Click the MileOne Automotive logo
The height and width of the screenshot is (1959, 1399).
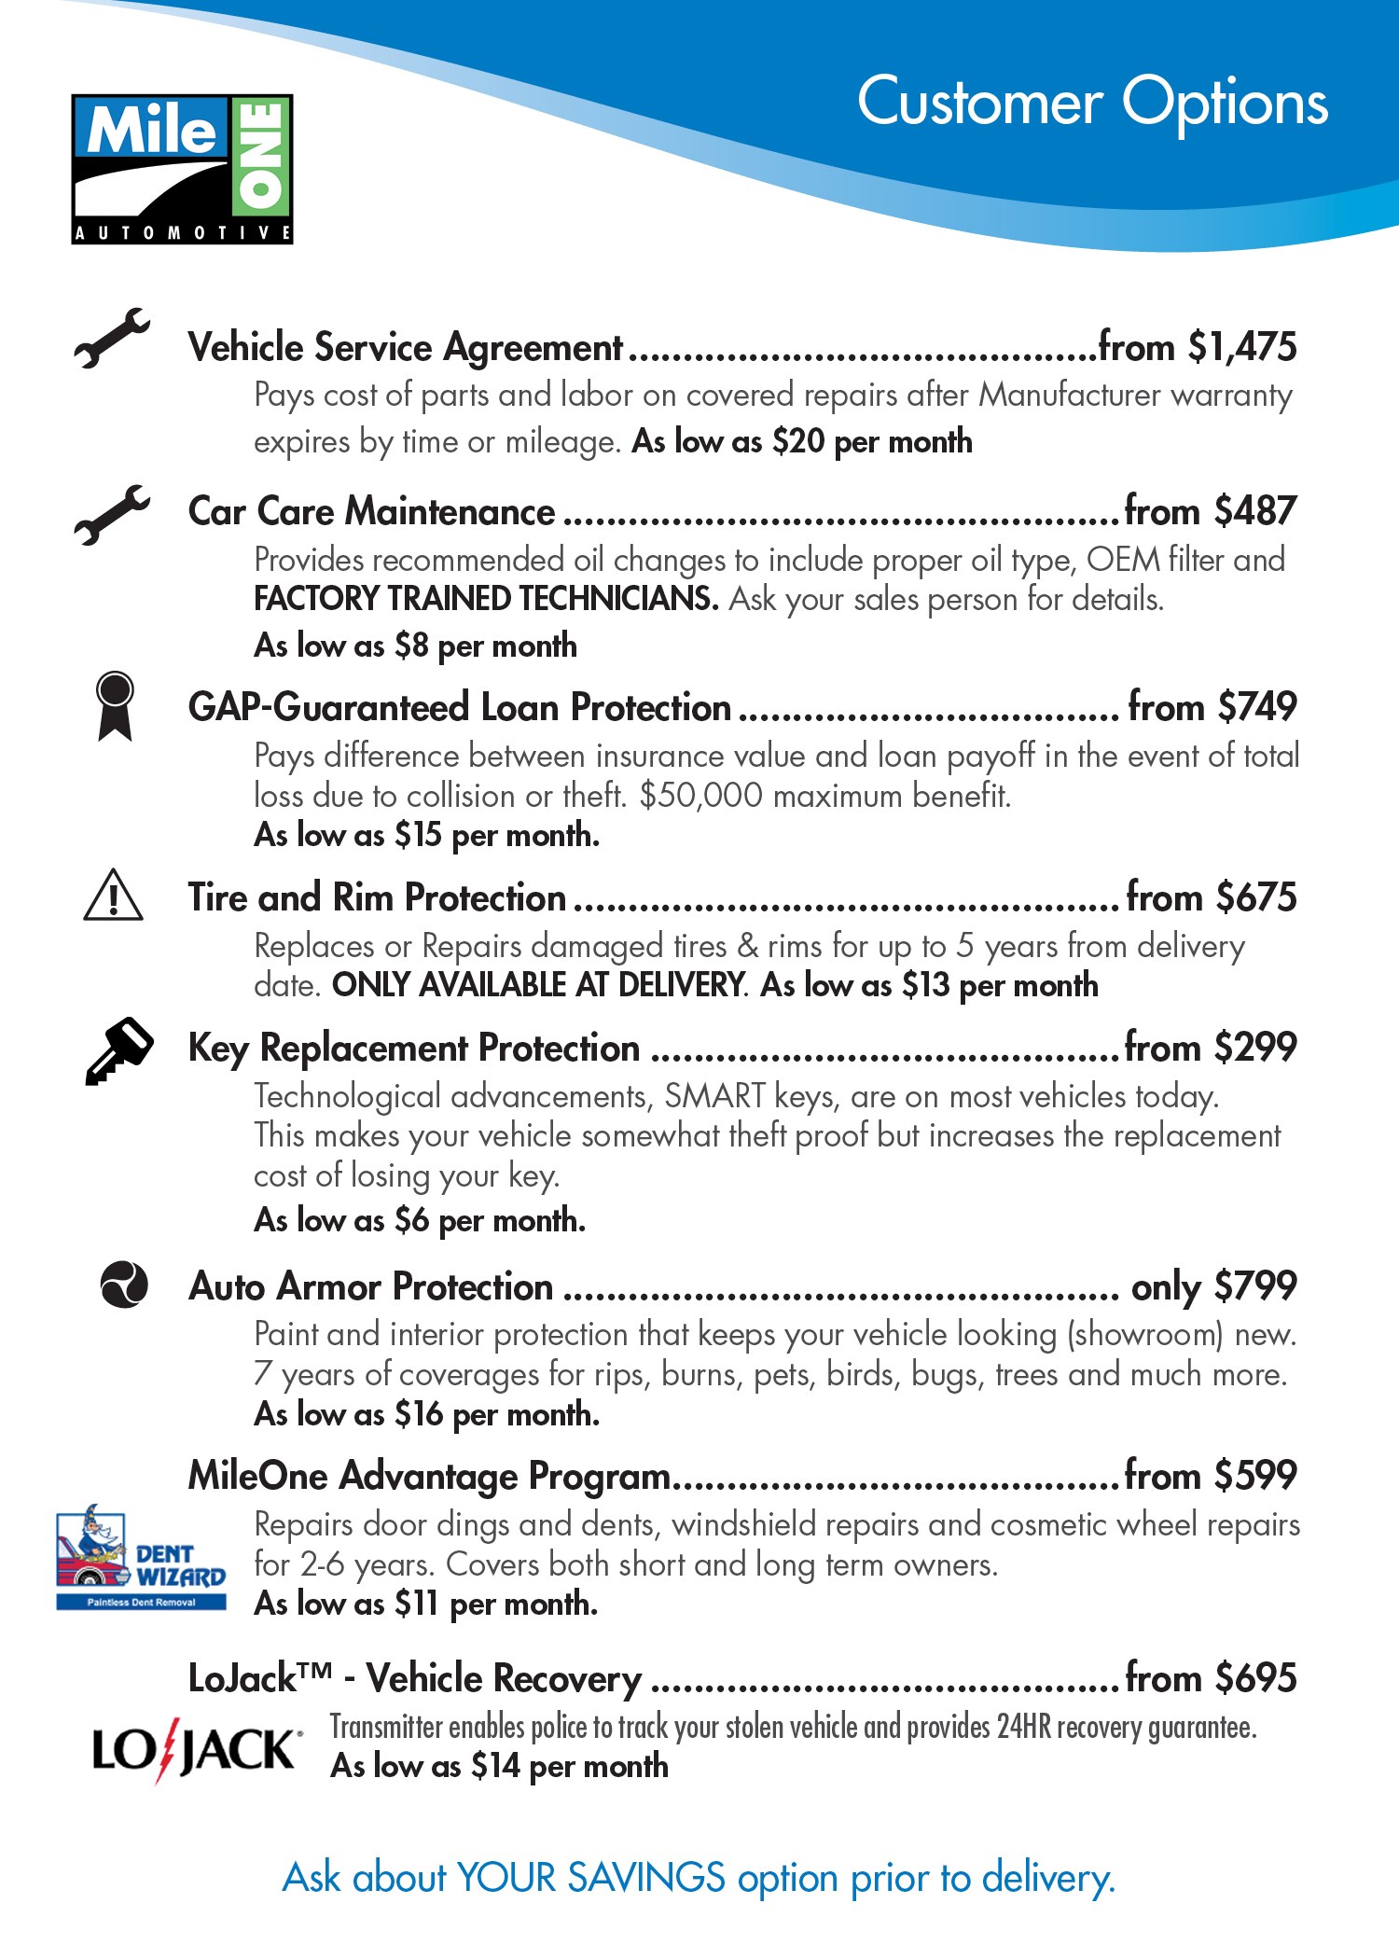(x=183, y=169)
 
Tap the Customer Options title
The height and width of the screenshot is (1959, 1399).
(x=1092, y=103)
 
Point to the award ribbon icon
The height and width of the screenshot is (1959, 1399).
(x=115, y=706)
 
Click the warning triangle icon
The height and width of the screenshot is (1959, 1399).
(x=113, y=896)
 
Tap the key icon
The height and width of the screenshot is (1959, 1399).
(x=118, y=1050)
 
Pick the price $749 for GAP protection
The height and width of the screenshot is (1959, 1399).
(x=1257, y=707)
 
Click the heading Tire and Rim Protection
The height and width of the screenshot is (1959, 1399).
(x=377, y=897)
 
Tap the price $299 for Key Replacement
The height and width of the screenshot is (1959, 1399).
(x=1255, y=1048)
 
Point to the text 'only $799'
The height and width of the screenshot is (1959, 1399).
(x=1213, y=1286)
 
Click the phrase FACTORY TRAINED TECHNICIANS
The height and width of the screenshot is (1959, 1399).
(x=486, y=599)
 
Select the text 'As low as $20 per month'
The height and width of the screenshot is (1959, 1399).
(x=802, y=441)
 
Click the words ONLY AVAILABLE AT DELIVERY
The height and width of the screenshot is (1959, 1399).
(x=539, y=985)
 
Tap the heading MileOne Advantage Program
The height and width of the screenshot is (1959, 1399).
(x=429, y=1476)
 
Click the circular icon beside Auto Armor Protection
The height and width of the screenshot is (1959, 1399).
(x=123, y=1285)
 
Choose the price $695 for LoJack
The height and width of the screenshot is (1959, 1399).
(x=1255, y=1678)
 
